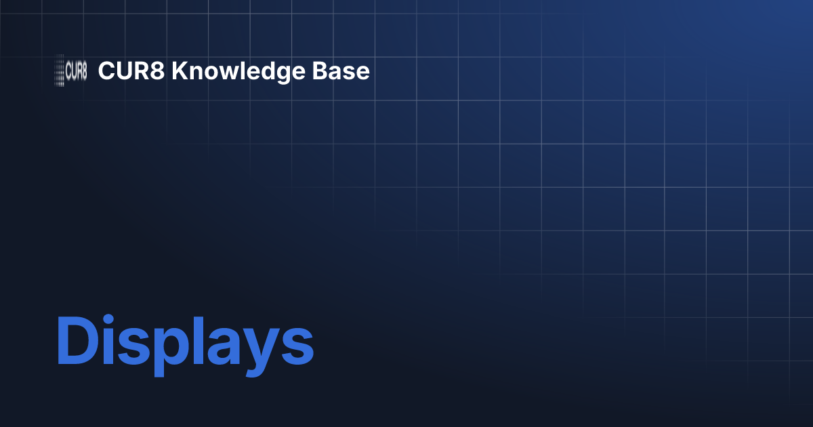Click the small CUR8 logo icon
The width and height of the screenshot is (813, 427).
[70, 71]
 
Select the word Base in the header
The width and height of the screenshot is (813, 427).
[348, 71]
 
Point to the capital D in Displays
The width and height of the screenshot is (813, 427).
[75, 343]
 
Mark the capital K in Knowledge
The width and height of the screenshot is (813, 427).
[178, 71]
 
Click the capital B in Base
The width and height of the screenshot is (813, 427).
[331, 71]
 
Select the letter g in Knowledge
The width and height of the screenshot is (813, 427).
[296, 75]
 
